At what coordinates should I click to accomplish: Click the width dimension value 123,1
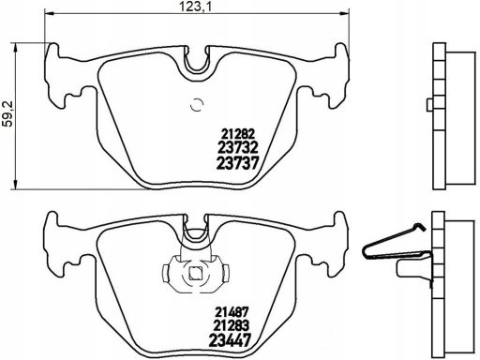pyautogui.click(x=195, y=7)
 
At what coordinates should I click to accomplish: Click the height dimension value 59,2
pyautogui.click(x=7, y=113)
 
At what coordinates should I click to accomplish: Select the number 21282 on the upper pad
pyautogui.click(x=238, y=134)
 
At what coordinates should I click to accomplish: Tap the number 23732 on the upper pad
pyautogui.click(x=237, y=147)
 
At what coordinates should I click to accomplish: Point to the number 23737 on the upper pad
pyautogui.click(x=238, y=163)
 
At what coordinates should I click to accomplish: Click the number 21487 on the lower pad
pyautogui.click(x=232, y=312)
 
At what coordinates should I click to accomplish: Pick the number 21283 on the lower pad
pyautogui.click(x=232, y=325)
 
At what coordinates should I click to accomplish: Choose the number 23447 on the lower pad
pyautogui.click(x=230, y=340)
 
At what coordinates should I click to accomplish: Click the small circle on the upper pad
pyautogui.click(x=197, y=105)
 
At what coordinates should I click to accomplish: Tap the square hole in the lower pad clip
pyautogui.click(x=196, y=274)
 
